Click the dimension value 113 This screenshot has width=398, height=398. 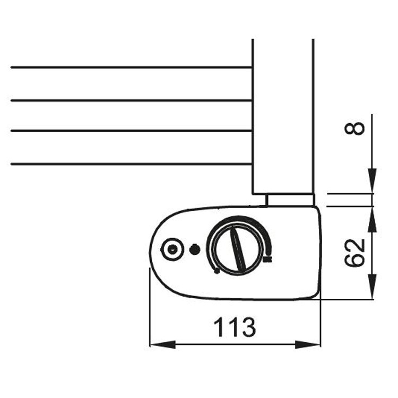point(235,327)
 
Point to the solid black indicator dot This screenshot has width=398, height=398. point(195,249)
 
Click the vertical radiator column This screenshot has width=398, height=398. point(283,117)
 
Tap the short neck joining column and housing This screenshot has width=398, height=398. point(290,200)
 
